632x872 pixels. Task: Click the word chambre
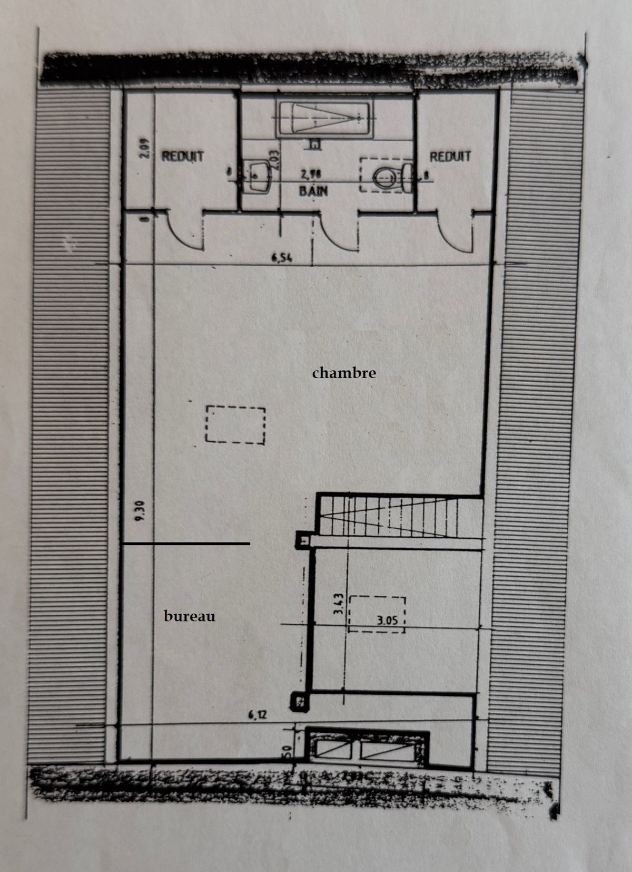pyautogui.click(x=344, y=373)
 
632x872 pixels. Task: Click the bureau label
pyautogui.click(x=190, y=616)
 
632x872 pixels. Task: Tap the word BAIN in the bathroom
pyautogui.click(x=313, y=190)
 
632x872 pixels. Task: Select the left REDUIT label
pyautogui.click(x=182, y=157)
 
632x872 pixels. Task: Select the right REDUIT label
pyautogui.click(x=450, y=157)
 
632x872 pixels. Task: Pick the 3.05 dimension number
pyautogui.click(x=387, y=621)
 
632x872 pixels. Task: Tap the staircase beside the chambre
pyautogui.click(x=400, y=516)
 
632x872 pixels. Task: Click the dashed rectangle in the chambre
pyautogui.click(x=235, y=424)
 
